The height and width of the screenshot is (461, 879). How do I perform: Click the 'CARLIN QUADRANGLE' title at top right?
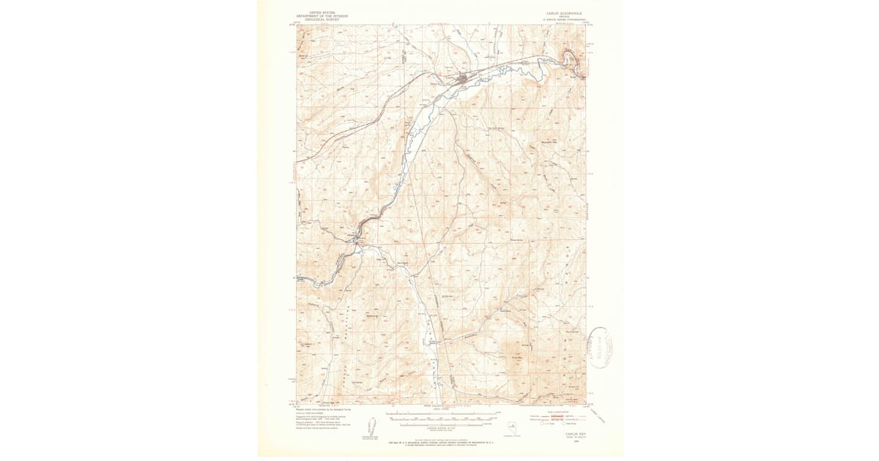[563, 12]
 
